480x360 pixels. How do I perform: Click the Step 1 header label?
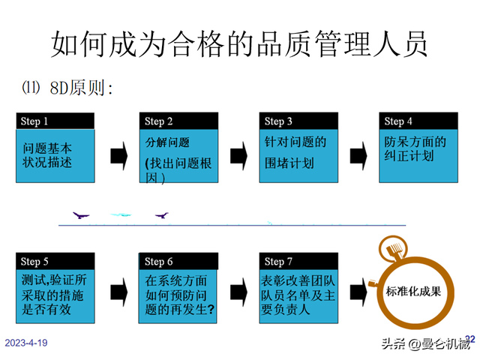pyautogui.click(x=34, y=121)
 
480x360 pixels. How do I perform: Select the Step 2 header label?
pyautogui.click(x=158, y=121)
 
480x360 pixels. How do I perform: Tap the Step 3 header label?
pyautogui.click(x=278, y=121)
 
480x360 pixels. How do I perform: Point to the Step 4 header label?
pyautogui.click(x=398, y=121)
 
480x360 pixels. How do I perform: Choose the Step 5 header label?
pyautogui.click(x=34, y=262)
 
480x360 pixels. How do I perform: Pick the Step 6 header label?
pyautogui.click(x=159, y=262)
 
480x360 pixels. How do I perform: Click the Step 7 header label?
pyautogui.click(x=278, y=262)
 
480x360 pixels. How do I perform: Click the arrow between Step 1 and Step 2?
pyautogui.click(x=118, y=155)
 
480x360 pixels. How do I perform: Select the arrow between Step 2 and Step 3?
pyautogui.click(x=238, y=155)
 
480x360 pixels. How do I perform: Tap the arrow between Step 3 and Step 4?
pyautogui.click(x=358, y=155)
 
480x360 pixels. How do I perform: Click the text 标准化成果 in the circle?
pyautogui.click(x=412, y=291)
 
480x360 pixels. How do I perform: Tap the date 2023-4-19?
pyautogui.click(x=27, y=343)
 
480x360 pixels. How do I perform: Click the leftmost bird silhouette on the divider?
pyautogui.click(x=81, y=215)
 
